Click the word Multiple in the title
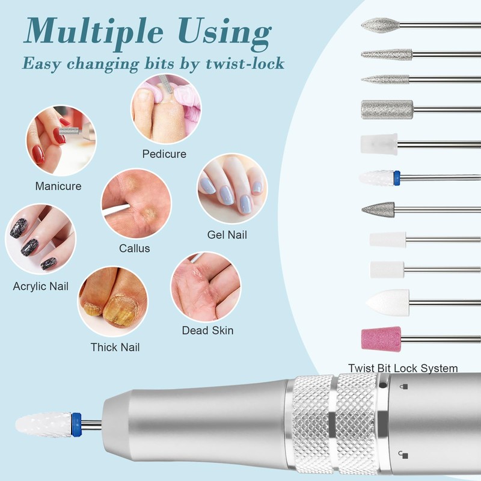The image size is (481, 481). pyautogui.click(x=93, y=32)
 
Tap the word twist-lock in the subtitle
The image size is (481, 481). pyautogui.click(x=245, y=64)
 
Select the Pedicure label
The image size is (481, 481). pyautogui.click(x=164, y=154)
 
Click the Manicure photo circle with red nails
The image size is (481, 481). pyautogui.click(x=61, y=141)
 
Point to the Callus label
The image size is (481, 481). pyautogui.click(x=134, y=248)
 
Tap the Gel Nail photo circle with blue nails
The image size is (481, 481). pyautogui.click(x=232, y=189)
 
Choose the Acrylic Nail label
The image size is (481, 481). pyautogui.click(x=40, y=286)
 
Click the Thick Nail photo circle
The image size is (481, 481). pyautogui.click(x=112, y=302)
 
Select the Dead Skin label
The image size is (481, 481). pyautogui.click(x=207, y=330)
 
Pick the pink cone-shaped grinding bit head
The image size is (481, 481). pyautogui.click(x=381, y=338)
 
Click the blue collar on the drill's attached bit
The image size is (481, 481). pyautogui.click(x=76, y=424)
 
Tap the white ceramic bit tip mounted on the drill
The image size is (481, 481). pyautogui.click(x=43, y=424)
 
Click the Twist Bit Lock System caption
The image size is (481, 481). pyautogui.click(x=403, y=368)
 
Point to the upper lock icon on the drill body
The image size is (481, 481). pyautogui.click(x=405, y=387)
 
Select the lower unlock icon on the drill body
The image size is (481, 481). pyautogui.click(x=403, y=455)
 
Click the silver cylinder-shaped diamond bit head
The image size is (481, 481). pyautogui.click(x=387, y=109)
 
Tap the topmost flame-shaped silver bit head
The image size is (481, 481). pyautogui.click(x=381, y=25)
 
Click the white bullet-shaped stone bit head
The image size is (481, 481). pyautogui.click(x=388, y=302)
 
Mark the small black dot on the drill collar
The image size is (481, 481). pyautogui.click(x=382, y=385)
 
